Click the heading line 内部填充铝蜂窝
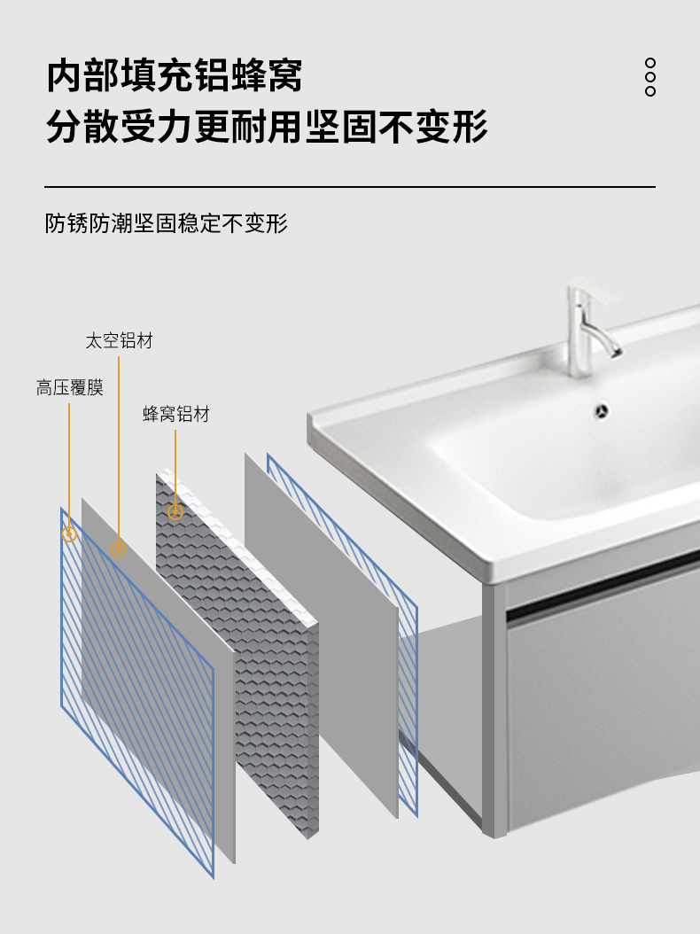pyautogui.click(x=175, y=76)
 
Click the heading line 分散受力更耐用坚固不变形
pyautogui.click(x=267, y=127)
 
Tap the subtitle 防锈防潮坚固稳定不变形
pyautogui.click(x=167, y=223)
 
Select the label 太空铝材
pyautogui.click(x=119, y=341)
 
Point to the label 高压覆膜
pyautogui.click(x=70, y=387)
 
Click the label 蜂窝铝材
pyautogui.click(x=176, y=414)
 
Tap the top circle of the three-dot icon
pyautogui.click(x=650, y=63)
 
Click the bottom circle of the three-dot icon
pyautogui.click(x=650, y=91)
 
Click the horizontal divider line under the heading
pyautogui.click(x=350, y=187)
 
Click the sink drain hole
pyautogui.click(x=603, y=410)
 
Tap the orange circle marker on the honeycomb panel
pyautogui.click(x=175, y=512)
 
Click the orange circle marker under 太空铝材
pyautogui.click(x=119, y=549)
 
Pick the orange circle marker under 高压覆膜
pyautogui.click(x=69, y=533)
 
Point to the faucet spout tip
pyautogui.click(x=614, y=352)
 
